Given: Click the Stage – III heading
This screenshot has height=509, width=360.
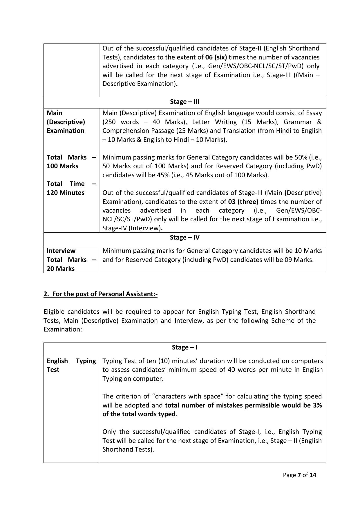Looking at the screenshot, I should pyautogui.click(x=184, y=102).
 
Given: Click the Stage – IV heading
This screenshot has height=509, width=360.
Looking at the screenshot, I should pyautogui.click(x=184, y=238).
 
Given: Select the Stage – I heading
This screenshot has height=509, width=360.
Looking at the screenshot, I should pyautogui.click(x=184, y=347).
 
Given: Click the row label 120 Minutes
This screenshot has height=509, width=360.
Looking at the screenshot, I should pyautogui.click(x=66, y=193).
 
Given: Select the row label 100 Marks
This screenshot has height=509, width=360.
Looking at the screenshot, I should pyautogui.click(x=62, y=166).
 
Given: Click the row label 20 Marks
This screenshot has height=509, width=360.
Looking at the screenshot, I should pyautogui.click(x=61, y=269).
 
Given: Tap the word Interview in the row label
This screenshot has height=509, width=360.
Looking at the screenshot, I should pyautogui.click(x=61, y=251).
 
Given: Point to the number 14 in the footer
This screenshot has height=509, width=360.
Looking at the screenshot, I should pyautogui.click(x=313, y=475).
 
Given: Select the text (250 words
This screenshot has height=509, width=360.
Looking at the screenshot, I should pyautogui.click(x=117, y=122).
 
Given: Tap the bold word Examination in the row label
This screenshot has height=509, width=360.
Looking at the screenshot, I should pyautogui.click(x=66, y=131).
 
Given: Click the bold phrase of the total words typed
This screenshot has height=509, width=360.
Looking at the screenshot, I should pyautogui.click(x=139, y=414).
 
